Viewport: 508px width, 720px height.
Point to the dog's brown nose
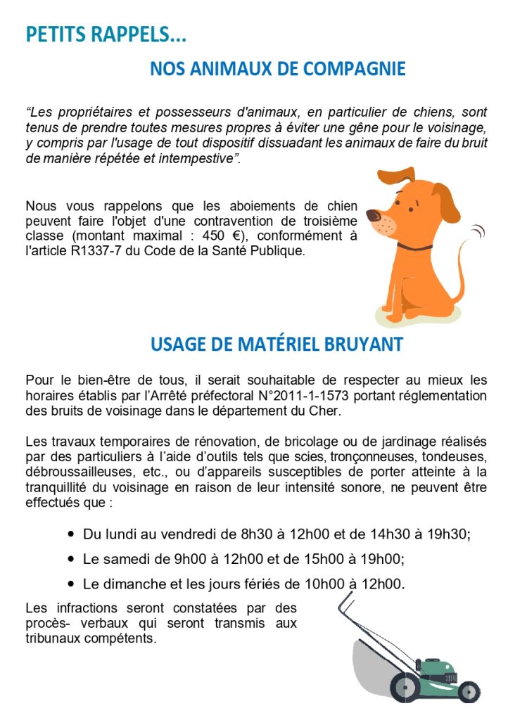(373, 214)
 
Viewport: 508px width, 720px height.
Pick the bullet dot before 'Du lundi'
(71, 534)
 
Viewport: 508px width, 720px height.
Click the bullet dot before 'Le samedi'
(71, 559)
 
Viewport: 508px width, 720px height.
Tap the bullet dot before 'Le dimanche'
(71, 584)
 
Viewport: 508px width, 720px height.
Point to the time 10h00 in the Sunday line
(318, 584)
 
